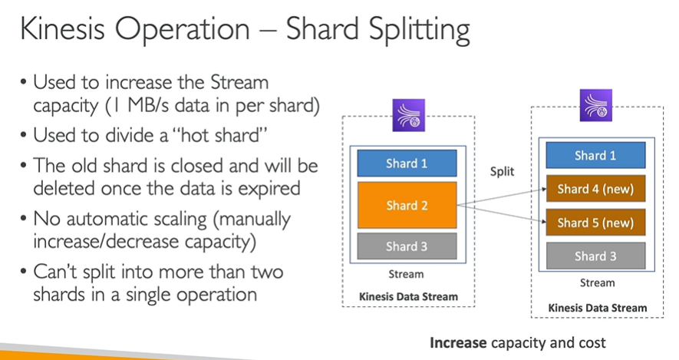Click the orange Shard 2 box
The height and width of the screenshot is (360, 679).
pos(407,205)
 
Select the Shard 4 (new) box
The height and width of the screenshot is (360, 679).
pos(595,189)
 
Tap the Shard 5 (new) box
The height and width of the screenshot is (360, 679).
pos(595,223)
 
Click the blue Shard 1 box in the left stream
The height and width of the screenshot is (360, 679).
pos(407,163)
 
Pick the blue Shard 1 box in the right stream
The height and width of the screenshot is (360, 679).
pos(595,155)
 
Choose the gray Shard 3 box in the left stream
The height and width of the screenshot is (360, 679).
pos(407,246)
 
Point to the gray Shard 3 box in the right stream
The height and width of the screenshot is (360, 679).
pos(595,256)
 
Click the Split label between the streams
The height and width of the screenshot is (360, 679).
pos(502,171)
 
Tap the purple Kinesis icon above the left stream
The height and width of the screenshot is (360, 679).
pos(408,115)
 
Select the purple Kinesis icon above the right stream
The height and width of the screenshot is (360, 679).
pos(596,105)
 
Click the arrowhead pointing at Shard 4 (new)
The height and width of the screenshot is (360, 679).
pos(544,190)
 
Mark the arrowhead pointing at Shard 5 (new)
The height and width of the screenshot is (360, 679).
pos(544,222)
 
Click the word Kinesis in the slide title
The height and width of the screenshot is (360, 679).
pos(62,29)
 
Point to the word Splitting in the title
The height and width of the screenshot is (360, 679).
pos(419,31)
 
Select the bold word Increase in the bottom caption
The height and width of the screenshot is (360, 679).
pos(458,342)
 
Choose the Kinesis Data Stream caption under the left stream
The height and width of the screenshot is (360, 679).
pos(408,297)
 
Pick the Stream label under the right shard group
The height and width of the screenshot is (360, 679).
pos(597,283)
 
